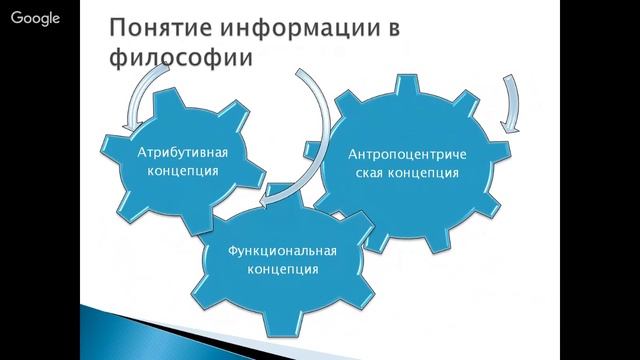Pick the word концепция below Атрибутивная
[182, 171]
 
